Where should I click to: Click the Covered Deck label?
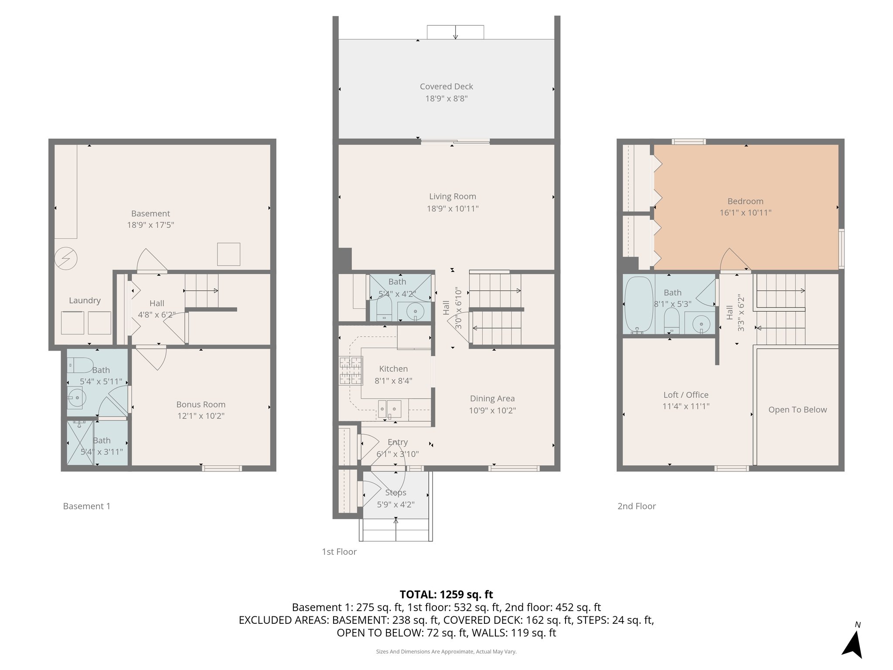pyautogui.click(x=446, y=86)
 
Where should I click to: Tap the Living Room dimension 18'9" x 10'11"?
pyautogui.click(x=452, y=209)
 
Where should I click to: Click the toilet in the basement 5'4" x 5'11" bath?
pyautogui.click(x=81, y=365)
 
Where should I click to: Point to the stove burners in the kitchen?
pyautogui.click(x=351, y=370)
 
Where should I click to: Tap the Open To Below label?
pyautogui.click(x=797, y=410)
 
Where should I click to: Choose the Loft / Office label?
pyautogui.click(x=685, y=395)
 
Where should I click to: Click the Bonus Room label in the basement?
pyautogui.click(x=201, y=404)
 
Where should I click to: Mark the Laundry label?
pyautogui.click(x=85, y=301)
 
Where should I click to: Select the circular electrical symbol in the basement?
pyautogui.click(x=66, y=259)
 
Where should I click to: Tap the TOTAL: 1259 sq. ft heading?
pyautogui.click(x=446, y=594)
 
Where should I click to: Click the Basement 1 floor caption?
pyautogui.click(x=86, y=506)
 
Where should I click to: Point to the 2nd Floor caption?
pyautogui.click(x=636, y=506)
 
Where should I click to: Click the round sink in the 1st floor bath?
pyautogui.click(x=414, y=312)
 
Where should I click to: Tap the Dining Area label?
pyautogui.click(x=492, y=398)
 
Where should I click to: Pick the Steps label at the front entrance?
pyautogui.click(x=395, y=492)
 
